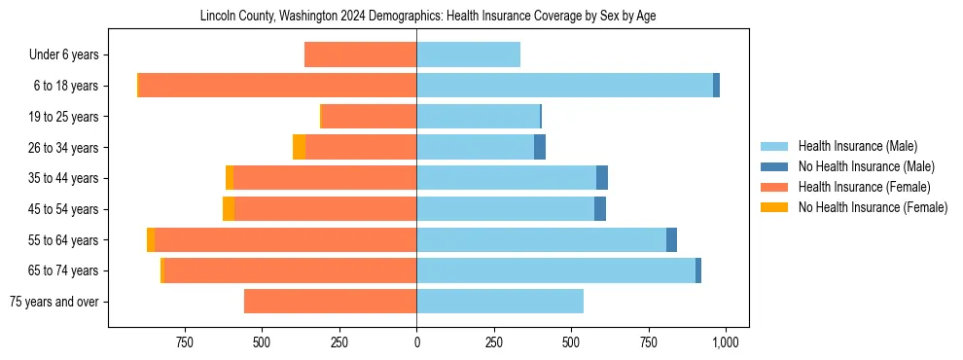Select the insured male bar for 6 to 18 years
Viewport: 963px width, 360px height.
tap(564, 86)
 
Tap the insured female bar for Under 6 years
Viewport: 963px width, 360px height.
tap(360, 54)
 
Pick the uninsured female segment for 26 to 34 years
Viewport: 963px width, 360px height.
tap(299, 147)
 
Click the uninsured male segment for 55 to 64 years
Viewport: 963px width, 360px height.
tap(671, 239)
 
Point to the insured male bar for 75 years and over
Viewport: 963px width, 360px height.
tap(500, 302)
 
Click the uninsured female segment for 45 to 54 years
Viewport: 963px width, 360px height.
tap(229, 209)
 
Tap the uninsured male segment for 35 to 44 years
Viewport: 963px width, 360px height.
tap(602, 178)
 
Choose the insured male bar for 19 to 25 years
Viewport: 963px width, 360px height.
tap(478, 117)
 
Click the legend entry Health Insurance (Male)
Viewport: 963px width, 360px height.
tap(857, 146)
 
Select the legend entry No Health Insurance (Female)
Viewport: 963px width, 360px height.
tap(873, 207)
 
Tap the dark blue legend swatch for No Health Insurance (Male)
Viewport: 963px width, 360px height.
tap(774, 166)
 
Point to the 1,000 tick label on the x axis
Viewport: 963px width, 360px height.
tap(725, 342)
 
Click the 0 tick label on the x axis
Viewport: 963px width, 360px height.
tap(416, 342)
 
